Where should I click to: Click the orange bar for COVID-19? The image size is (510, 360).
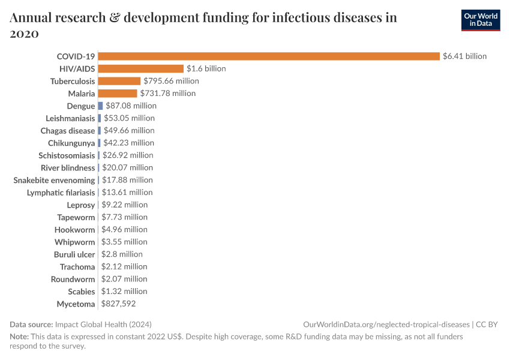coord(269,56)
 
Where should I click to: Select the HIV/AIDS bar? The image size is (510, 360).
coord(140,68)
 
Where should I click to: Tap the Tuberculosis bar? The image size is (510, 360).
coord(119,81)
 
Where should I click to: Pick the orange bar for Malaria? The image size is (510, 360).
coord(117,93)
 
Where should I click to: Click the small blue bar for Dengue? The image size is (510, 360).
coord(100,106)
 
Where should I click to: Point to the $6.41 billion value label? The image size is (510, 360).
coord(464,56)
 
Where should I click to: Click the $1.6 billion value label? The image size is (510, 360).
coord(206,68)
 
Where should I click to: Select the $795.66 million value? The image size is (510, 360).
coord(171,81)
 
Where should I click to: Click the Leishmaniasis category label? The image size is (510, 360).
coord(70,118)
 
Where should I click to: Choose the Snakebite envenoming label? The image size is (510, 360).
coord(54,180)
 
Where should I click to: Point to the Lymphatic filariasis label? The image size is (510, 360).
coord(61,193)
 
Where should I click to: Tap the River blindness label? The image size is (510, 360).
coord(68,168)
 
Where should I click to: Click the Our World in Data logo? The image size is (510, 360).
coord(480,20)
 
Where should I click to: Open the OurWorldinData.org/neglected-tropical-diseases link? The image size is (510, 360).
coord(387,324)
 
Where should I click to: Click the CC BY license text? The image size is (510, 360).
coord(487,324)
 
